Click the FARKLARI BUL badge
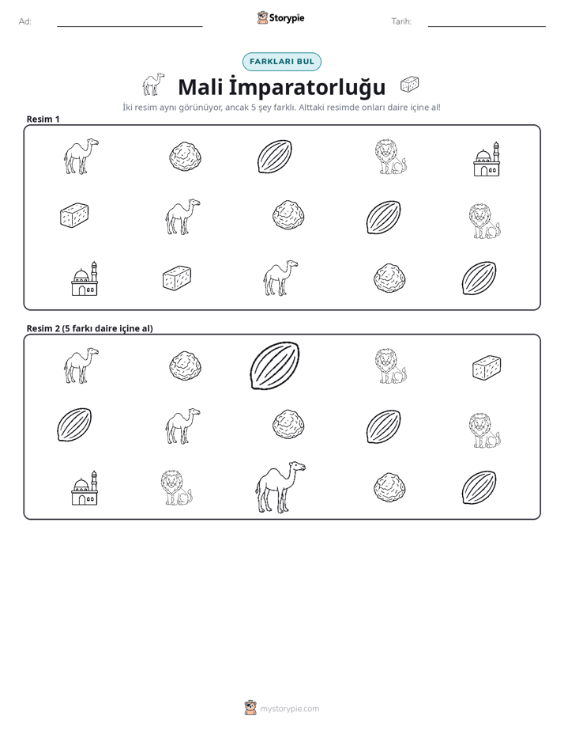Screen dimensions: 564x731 (281, 62)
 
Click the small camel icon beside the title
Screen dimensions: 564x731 (153, 84)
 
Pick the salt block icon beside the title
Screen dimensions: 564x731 (409, 84)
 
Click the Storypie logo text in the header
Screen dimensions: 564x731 (287, 18)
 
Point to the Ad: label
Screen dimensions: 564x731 (25, 21)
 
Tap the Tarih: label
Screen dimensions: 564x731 (401, 21)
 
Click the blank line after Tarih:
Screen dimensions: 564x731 (487, 26)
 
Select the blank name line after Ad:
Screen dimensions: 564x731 (130, 26)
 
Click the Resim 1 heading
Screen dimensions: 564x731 (43, 119)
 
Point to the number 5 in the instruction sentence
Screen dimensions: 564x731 (254, 108)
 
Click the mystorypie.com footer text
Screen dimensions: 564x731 (289, 709)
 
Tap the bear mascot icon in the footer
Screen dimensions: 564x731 (250, 708)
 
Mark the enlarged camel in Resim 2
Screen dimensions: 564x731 (280, 487)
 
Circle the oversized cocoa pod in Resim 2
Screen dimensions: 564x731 (275, 365)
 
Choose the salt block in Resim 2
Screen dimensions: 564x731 (487, 367)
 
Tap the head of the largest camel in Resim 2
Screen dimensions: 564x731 (297, 467)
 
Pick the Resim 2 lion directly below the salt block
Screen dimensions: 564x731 (485, 430)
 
